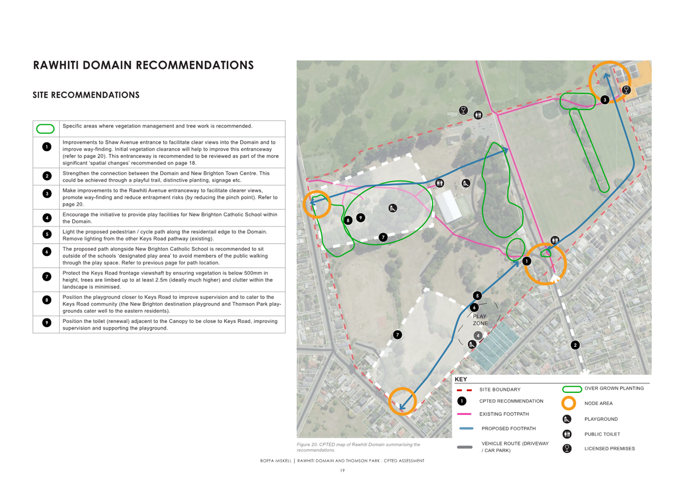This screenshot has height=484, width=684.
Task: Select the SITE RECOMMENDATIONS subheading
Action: tap(86, 95)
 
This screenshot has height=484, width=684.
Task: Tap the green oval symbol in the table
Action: tap(46, 129)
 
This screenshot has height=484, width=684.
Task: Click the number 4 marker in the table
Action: tap(47, 218)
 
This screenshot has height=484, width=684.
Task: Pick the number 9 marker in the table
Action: tap(47, 323)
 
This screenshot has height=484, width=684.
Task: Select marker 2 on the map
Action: tap(575, 345)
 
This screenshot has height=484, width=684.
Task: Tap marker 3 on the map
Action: tap(605, 100)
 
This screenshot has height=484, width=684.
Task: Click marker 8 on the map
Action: tap(348, 220)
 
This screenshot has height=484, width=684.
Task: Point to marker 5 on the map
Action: tap(477, 296)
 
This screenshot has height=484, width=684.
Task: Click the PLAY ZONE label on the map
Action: tap(480, 320)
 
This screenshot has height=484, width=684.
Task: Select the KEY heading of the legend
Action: tap(460, 379)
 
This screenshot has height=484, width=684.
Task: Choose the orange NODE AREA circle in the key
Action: tap(568, 403)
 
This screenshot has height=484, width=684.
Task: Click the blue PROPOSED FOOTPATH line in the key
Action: tap(466, 428)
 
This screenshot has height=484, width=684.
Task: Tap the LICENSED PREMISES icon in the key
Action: tap(567, 448)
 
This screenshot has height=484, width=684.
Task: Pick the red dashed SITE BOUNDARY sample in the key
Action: tap(464, 390)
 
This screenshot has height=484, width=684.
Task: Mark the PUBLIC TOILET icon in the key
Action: tap(567, 434)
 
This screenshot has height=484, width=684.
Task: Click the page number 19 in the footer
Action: tap(342, 470)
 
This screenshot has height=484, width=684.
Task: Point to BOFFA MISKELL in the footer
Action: tap(275, 461)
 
